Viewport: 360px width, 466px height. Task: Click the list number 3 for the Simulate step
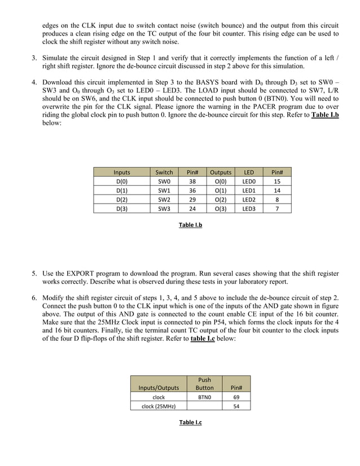(x=34, y=58)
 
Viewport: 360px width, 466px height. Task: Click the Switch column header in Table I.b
(x=164, y=172)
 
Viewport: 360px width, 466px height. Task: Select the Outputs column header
(x=221, y=172)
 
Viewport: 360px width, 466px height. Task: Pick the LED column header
(x=249, y=172)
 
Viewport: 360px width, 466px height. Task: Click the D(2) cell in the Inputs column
(x=122, y=199)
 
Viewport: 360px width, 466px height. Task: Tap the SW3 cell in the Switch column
(x=164, y=208)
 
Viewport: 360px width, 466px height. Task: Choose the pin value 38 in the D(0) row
(x=192, y=181)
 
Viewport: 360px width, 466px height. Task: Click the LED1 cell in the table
(x=249, y=190)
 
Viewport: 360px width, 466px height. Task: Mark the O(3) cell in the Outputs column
(x=221, y=208)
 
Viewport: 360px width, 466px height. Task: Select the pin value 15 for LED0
(x=277, y=181)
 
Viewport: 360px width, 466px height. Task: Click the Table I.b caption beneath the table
(x=191, y=225)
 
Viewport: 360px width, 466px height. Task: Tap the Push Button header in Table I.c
(x=204, y=384)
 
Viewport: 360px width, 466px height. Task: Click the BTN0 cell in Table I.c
(x=204, y=397)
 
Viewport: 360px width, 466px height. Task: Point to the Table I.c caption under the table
(x=190, y=423)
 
